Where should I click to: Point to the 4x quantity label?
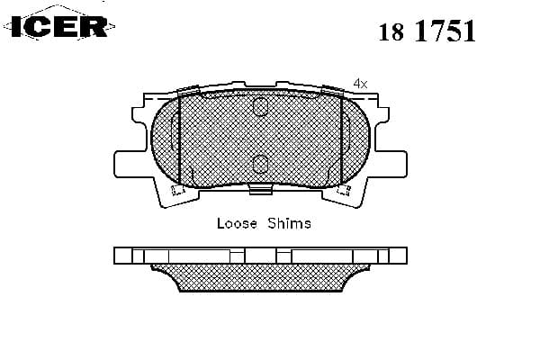tap(361, 83)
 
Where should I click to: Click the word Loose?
tap(237, 223)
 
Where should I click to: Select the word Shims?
tap(289, 223)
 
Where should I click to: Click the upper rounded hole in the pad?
tap(260, 108)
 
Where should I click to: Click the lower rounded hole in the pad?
tap(260, 163)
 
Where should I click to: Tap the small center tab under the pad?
tap(260, 188)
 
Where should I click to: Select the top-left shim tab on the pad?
tap(190, 90)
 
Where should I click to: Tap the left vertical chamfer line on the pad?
tap(180, 139)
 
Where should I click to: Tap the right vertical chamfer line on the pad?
tap(341, 139)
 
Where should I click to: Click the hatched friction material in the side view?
tap(260, 278)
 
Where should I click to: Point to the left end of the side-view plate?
tap(122, 256)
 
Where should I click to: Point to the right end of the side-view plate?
tap(397, 256)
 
